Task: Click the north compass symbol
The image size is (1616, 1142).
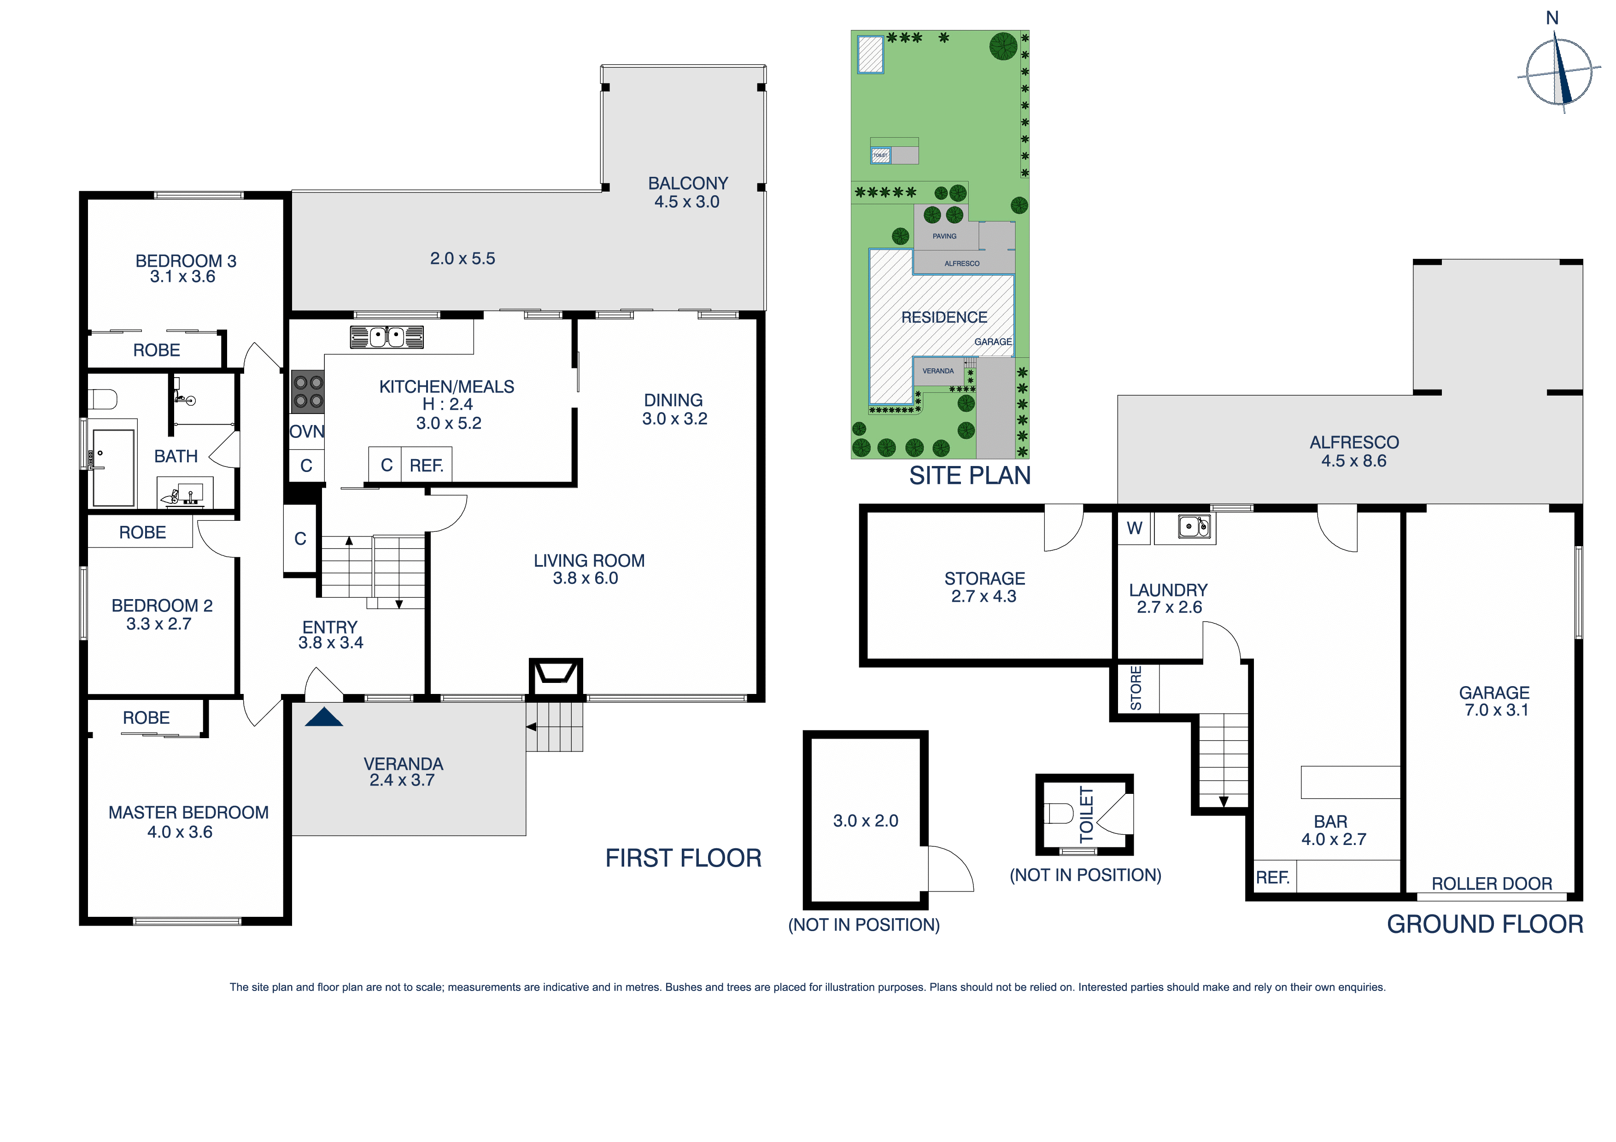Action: [1558, 72]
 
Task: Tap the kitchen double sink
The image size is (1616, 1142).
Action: [386, 337]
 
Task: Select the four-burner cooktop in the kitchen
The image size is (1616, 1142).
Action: [308, 392]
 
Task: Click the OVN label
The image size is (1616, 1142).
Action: [307, 431]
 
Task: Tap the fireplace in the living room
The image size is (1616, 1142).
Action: [555, 677]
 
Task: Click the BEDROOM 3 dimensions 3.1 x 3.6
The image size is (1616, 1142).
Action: [182, 277]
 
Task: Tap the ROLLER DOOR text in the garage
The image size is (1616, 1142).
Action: [1492, 884]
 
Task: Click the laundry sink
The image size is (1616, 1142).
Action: [1194, 526]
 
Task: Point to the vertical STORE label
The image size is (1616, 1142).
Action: [1135, 688]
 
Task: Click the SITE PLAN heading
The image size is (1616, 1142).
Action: [969, 476]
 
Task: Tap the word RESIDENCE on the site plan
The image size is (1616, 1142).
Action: [944, 317]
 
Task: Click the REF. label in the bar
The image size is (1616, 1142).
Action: [1272, 877]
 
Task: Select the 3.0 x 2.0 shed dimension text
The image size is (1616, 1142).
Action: [865, 821]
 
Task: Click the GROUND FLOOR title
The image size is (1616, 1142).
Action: [1484, 924]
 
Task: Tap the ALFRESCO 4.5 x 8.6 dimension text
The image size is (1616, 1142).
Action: [1353, 461]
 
